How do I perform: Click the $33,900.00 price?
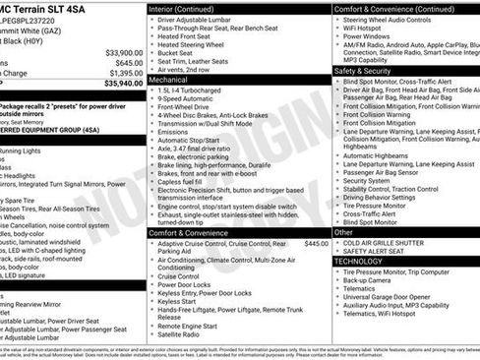(x=124, y=52)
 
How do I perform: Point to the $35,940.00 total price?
(x=124, y=85)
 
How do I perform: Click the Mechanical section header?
(x=169, y=80)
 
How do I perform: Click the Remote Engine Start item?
(x=192, y=325)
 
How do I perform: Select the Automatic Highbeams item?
(x=377, y=154)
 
